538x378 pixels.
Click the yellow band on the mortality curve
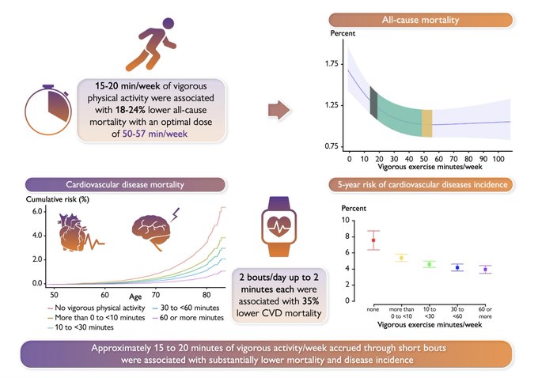coord(426,124)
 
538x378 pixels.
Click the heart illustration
coord(83,236)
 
